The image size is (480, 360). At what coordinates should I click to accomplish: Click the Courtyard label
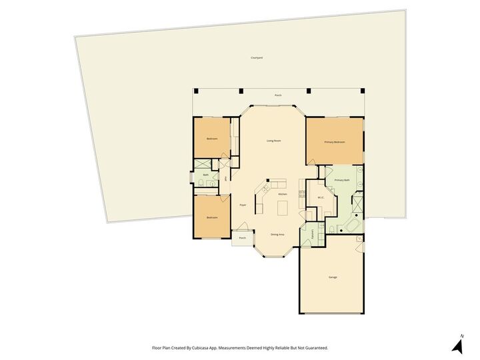pyautogui.click(x=257, y=58)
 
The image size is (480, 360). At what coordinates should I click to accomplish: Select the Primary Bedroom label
pyautogui.click(x=334, y=142)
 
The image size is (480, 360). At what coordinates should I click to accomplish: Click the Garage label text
pyautogui.click(x=332, y=277)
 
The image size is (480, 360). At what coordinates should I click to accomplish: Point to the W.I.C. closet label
pyautogui.click(x=321, y=197)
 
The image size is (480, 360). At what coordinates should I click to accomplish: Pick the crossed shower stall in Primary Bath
pyautogui.click(x=358, y=205)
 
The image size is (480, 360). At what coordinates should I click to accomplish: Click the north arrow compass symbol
pyautogui.click(x=457, y=345)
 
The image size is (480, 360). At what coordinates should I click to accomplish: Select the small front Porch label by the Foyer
pyautogui.click(x=242, y=238)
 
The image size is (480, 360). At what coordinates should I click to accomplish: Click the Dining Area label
pyautogui.click(x=277, y=234)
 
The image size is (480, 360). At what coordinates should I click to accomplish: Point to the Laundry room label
pyautogui.click(x=313, y=233)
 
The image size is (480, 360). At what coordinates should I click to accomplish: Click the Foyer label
pyautogui.click(x=243, y=205)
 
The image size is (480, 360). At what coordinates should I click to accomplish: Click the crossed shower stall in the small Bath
pyautogui.click(x=202, y=165)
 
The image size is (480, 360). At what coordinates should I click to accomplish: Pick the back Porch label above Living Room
pyautogui.click(x=278, y=95)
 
